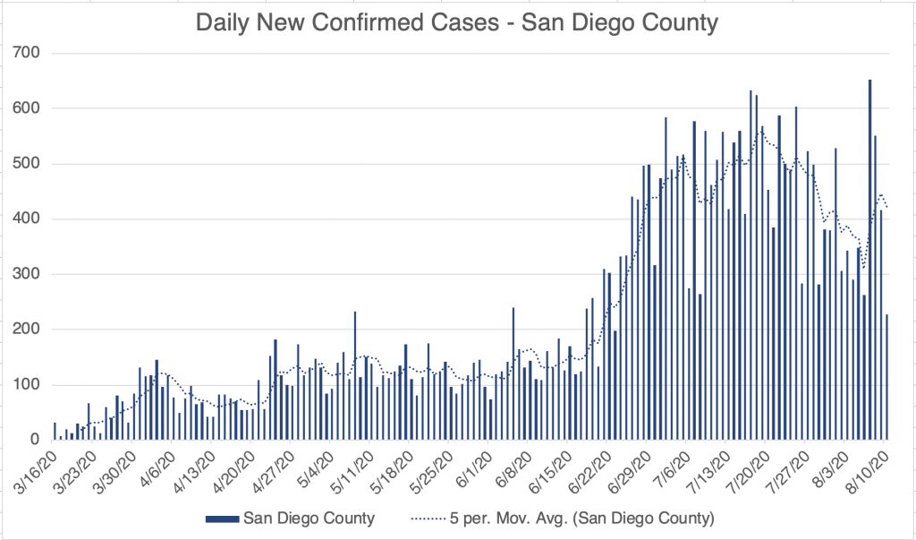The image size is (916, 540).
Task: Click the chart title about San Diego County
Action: (457, 22)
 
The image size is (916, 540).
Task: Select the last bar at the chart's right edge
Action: (886, 377)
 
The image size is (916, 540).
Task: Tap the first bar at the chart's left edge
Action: (55, 431)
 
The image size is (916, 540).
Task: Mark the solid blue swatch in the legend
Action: (222, 519)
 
